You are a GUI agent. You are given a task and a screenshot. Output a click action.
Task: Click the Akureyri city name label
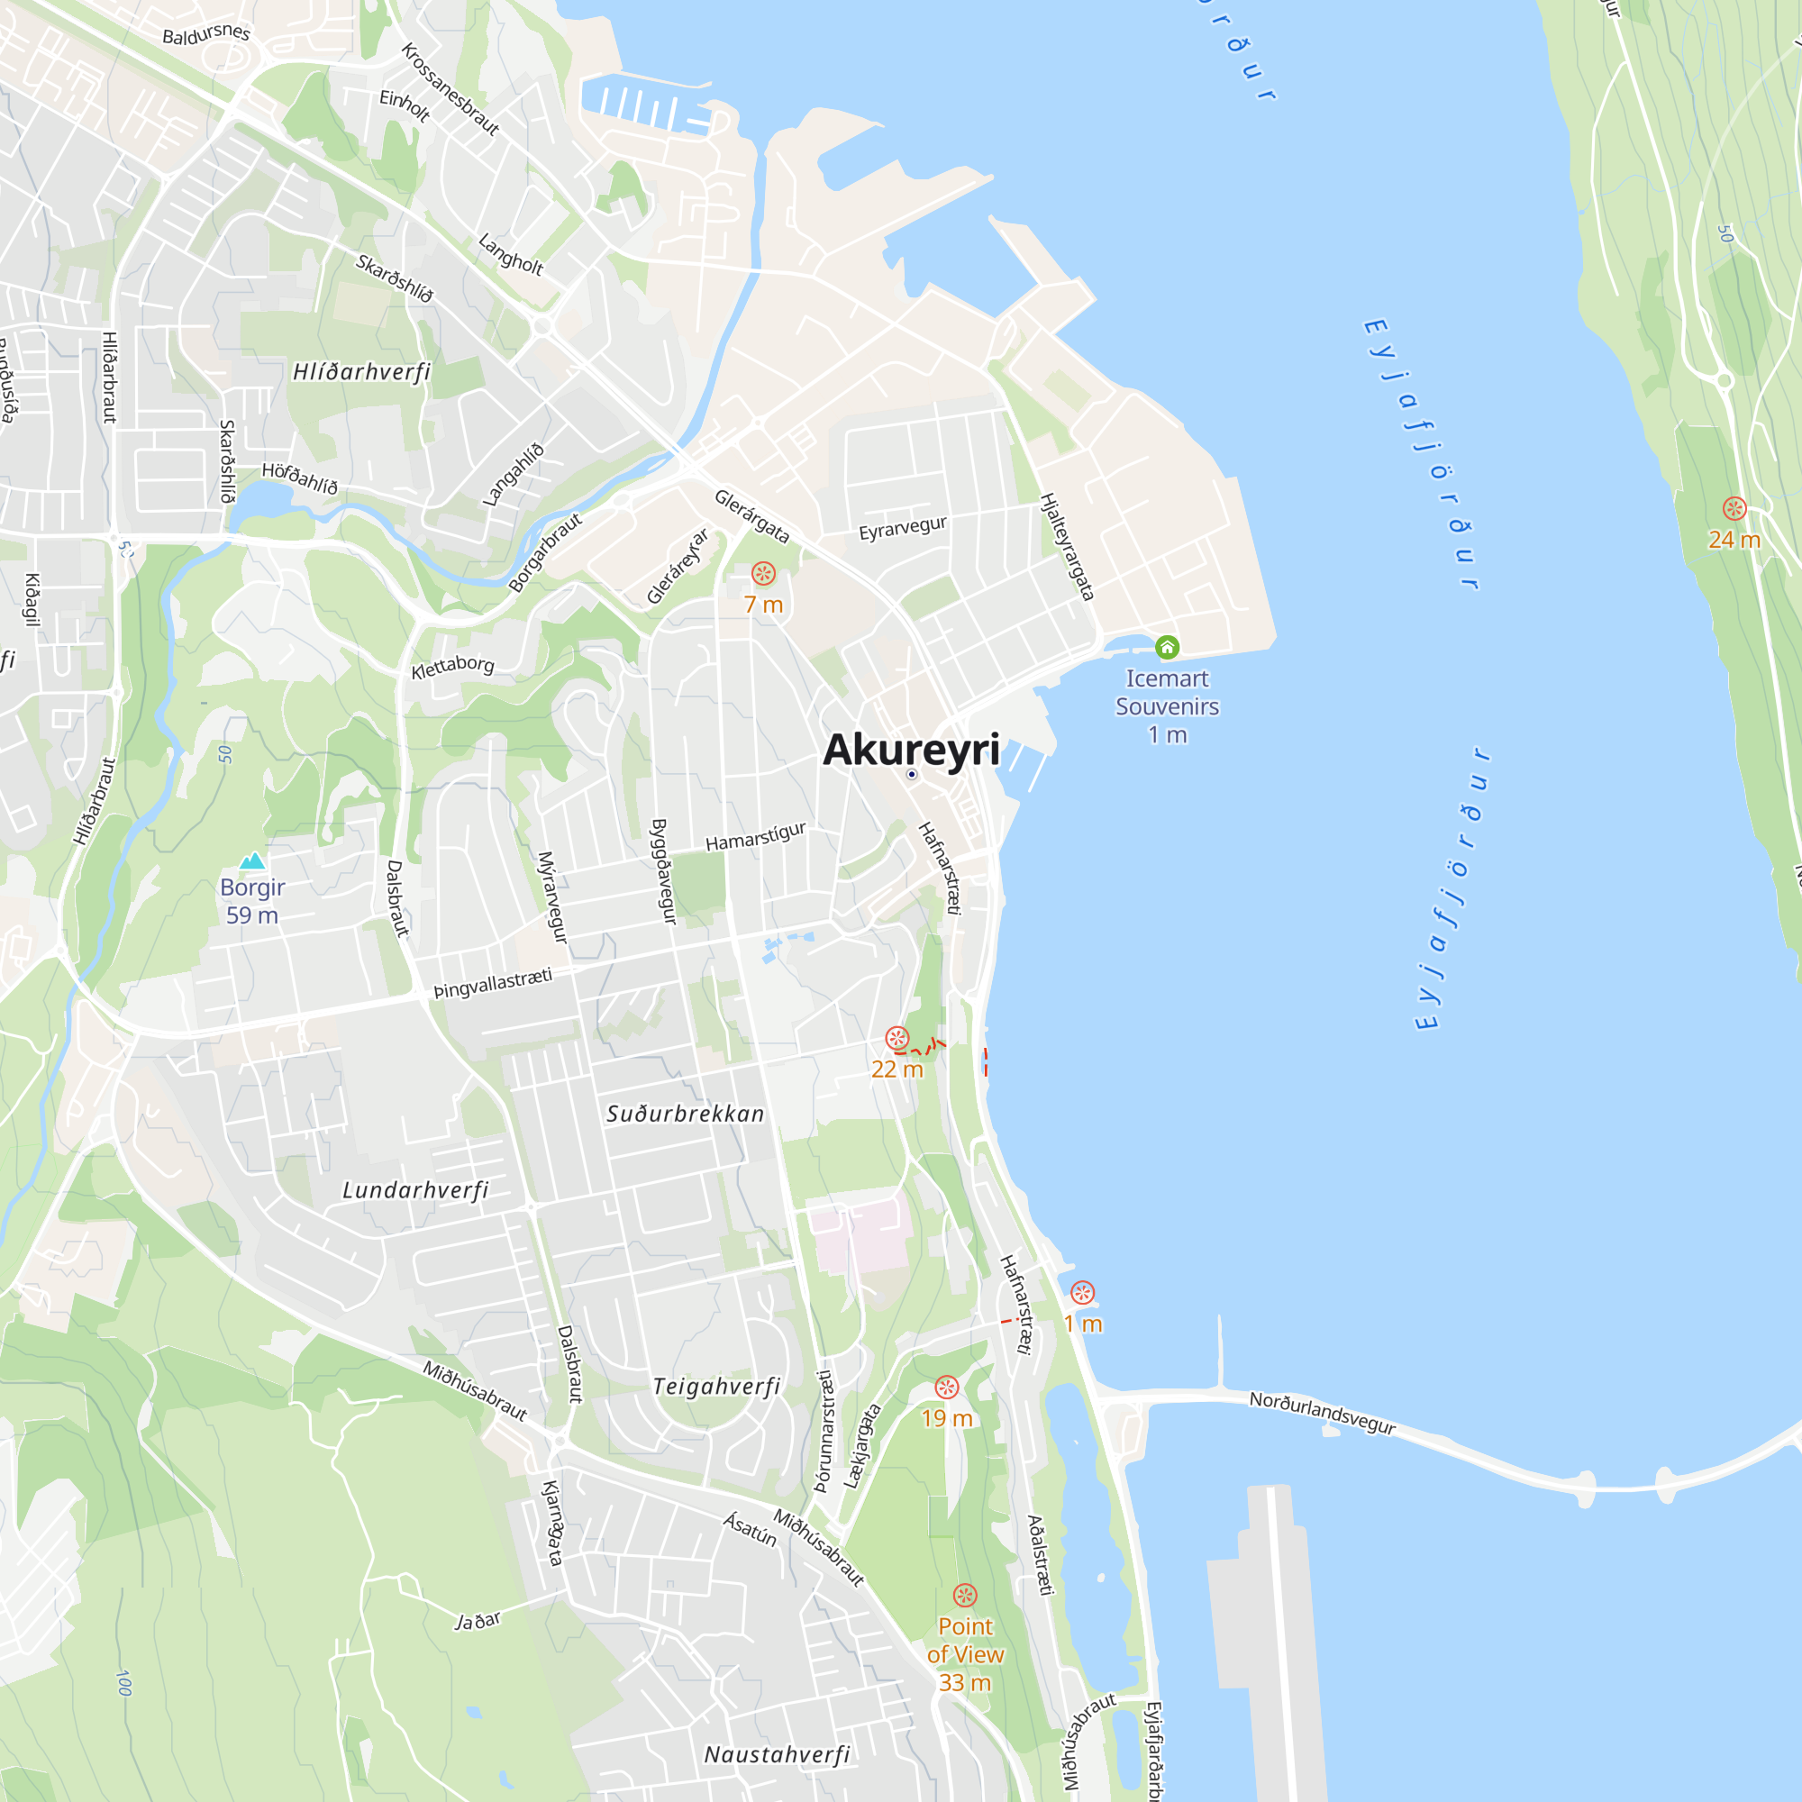(910, 750)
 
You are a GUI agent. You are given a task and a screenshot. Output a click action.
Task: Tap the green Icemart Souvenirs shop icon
(1167, 646)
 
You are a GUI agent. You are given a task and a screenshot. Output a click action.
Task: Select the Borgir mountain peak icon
(252, 860)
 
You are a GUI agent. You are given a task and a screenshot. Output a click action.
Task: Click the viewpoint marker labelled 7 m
(763, 574)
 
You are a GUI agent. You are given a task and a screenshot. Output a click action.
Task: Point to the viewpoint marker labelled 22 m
(896, 1038)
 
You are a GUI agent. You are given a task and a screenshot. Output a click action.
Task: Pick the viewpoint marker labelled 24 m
(1734, 508)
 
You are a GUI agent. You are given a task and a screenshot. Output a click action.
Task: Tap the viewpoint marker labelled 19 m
(947, 1387)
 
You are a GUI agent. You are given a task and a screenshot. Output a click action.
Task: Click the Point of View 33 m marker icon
(964, 1595)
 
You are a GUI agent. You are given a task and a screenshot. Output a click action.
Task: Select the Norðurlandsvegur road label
(1322, 1412)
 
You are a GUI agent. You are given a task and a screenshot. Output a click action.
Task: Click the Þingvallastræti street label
(493, 983)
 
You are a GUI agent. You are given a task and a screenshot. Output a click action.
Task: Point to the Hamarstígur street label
(756, 836)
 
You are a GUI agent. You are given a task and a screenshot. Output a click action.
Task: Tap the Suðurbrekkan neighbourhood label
(686, 1114)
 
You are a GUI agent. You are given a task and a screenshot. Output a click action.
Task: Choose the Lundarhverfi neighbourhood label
(415, 1190)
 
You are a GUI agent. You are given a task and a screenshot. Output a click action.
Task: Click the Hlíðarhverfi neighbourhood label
(362, 372)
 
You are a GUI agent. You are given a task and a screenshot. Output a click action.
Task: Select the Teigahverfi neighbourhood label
(716, 1386)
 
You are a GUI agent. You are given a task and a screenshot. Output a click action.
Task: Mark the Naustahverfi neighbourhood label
(777, 1754)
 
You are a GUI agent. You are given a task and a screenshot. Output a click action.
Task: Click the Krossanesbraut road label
(450, 88)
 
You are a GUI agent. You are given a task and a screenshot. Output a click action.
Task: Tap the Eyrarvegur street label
(902, 528)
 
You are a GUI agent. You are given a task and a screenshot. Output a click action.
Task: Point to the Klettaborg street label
(452, 666)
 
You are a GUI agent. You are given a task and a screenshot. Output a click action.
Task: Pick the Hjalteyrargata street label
(1067, 547)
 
